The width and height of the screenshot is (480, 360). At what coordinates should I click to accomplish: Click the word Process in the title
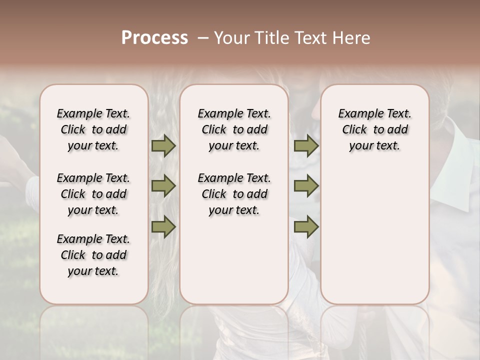pyautogui.click(x=154, y=38)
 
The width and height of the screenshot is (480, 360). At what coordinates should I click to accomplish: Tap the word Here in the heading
pyautogui.click(x=353, y=38)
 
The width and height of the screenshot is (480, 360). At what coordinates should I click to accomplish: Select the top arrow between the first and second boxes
pyautogui.click(x=163, y=145)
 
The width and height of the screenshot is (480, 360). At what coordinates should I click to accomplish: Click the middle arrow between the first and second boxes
pyautogui.click(x=163, y=186)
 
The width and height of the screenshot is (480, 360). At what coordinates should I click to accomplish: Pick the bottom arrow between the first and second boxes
pyautogui.click(x=163, y=227)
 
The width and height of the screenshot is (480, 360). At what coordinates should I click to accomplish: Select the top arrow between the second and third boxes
pyautogui.click(x=306, y=145)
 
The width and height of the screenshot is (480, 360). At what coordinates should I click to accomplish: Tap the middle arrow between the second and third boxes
pyautogui.click(x=306, y=186)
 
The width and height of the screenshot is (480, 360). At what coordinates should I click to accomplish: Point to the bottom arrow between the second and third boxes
pyautogui.click(x=306, y=227)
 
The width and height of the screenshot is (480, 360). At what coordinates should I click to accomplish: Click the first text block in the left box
pyautogui.click(x=93, y=129)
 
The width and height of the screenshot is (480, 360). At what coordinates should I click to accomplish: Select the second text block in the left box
pyautogui.click(x=93, y=194)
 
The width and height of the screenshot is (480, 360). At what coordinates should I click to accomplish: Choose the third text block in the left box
pyautogui.click(x=93, y=255)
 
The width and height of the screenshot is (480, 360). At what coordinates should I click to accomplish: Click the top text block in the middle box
pyautogui.click(x=234, y=129)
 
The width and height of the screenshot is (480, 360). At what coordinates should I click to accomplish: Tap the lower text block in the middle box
pyautogui.click(x=234, y=194)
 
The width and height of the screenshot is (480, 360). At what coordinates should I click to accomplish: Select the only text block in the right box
pyautogui.click(x=374, y=129)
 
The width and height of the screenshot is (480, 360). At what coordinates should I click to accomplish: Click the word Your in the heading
pyautogui.click(x=231, y=38)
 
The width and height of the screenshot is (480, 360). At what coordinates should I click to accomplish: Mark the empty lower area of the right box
pyautogui.click(x=374, y=235)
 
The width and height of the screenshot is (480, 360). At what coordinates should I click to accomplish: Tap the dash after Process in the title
pyautogui.click(x=202, y=38)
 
